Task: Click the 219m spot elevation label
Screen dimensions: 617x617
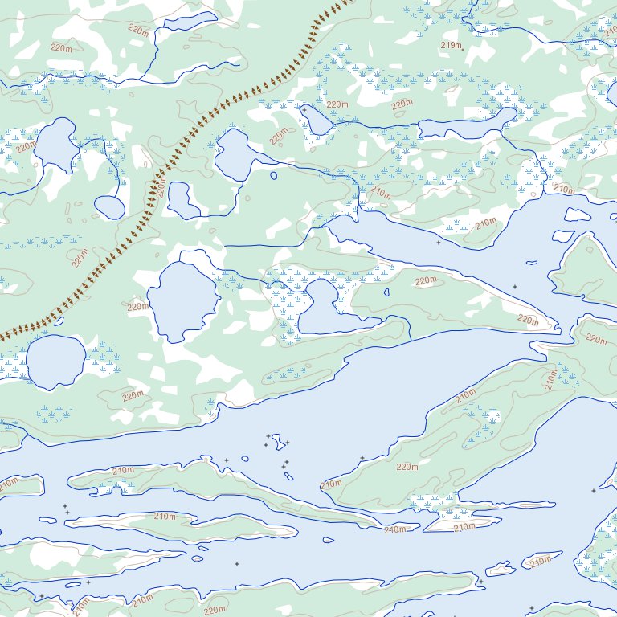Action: pos(452,45)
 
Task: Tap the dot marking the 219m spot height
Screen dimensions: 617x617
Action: pos(463,48)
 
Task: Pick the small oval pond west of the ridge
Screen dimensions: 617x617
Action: pos(109,206)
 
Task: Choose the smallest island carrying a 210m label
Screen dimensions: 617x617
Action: pos(540,560)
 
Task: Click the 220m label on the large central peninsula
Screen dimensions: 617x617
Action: pos(407,467)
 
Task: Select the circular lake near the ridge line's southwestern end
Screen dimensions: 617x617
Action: pos(55,361)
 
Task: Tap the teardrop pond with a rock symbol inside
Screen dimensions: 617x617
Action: pos(315,120)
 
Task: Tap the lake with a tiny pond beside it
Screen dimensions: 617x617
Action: pos(235,154)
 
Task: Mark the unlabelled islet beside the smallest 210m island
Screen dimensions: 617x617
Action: pos(501,569)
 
